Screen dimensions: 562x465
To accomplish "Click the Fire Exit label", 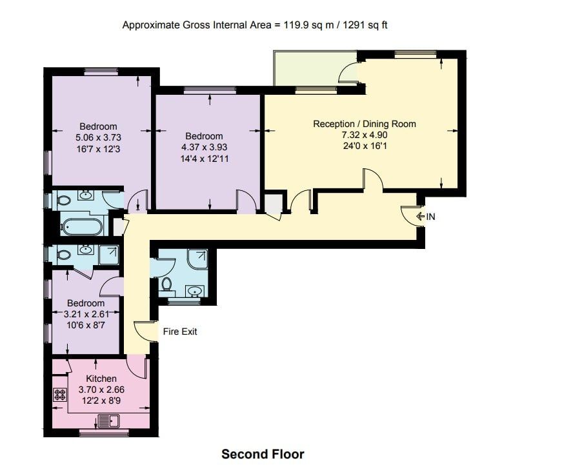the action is tap(179, 331).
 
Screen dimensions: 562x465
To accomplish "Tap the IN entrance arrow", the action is tap(420, 217).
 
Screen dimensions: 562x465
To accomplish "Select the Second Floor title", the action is tap(263, 454).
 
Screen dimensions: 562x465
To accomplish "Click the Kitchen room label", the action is tap(101, 379).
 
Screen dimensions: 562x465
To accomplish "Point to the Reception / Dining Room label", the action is tap(365, 124).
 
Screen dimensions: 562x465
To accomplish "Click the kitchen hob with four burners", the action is tap(60, 395).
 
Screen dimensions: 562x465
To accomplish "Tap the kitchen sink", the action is tap(108, 421).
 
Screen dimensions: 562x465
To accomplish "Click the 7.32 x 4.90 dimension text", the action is tap(365, 135).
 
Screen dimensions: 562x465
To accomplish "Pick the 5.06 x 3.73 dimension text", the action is tap(98, 137).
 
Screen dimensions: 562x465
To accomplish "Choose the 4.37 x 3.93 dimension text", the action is tap(205, 147).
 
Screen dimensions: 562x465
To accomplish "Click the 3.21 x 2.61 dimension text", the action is tap(86, 314).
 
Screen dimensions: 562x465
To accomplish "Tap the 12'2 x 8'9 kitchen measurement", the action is tap(101, 401).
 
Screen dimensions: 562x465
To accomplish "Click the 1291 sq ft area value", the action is tap(365, 25).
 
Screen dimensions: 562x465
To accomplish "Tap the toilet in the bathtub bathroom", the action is tap(63, 199).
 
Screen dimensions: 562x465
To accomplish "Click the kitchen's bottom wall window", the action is tap(104, 433).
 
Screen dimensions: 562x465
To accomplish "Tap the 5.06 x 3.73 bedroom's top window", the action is tap(101, 72).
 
